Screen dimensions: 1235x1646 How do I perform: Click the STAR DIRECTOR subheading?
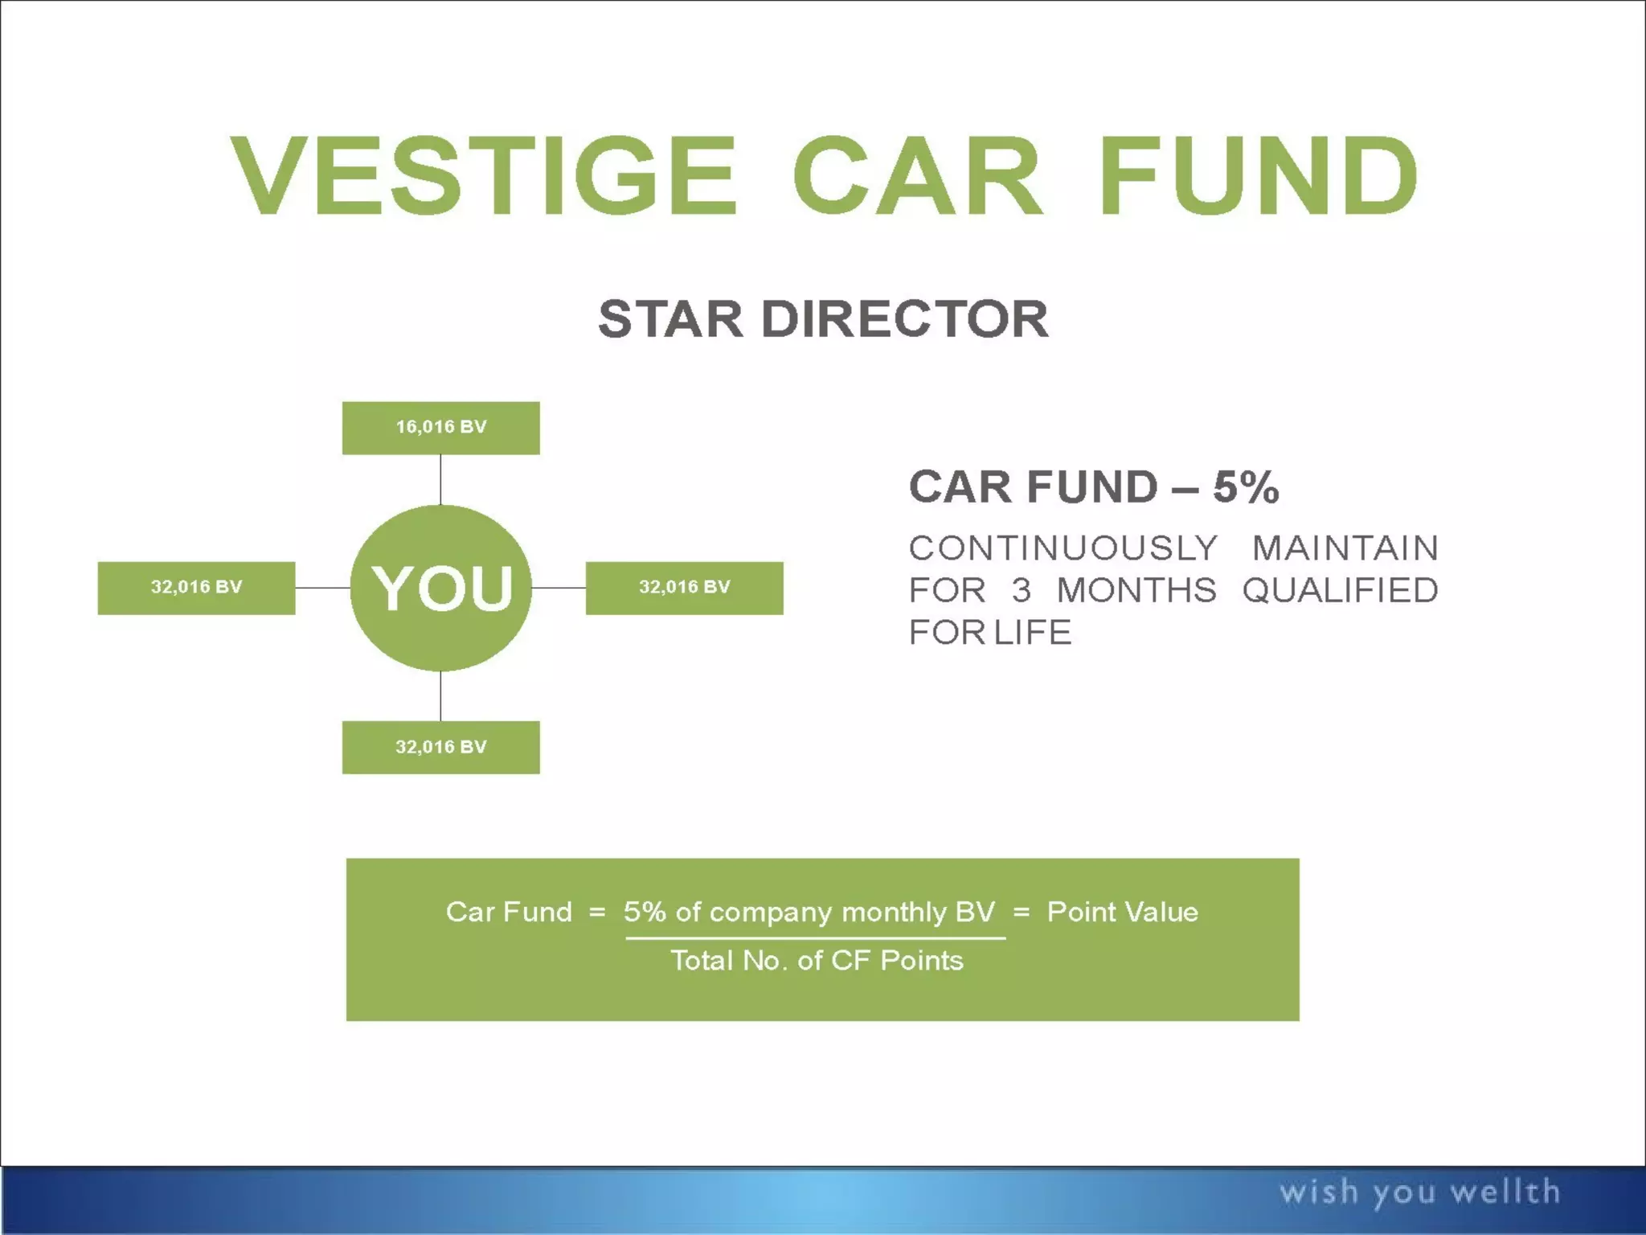(x=823, y=319)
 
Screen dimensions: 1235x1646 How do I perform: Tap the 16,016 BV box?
(x=440, y=428)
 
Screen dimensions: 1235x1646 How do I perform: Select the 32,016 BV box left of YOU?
(x=196, y=588)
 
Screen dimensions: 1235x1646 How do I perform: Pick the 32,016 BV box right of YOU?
(x=684, y=588)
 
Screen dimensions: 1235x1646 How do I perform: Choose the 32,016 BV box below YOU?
(x=440, y=747)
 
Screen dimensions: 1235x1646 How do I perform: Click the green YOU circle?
(x=440, y=588)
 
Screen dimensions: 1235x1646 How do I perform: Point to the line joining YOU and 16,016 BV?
(x=440, y=480)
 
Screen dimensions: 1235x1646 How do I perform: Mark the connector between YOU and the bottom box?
(x=440, y=696)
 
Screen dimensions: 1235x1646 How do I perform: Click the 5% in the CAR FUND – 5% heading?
(x=1245, y=487)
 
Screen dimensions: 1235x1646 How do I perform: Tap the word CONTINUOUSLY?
(x=1063, y=548)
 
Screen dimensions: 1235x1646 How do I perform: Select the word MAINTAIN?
(x=1345, y=548)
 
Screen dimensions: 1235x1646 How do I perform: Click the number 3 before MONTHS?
(x=1021, y=591)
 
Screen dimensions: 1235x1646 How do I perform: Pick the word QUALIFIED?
(x=1340, y=591)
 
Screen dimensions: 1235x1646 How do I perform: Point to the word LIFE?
(x=1032, y=633)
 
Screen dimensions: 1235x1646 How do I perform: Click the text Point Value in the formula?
(x=1122, y=912)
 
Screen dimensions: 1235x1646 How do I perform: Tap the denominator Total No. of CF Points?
(x=817, y=961)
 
